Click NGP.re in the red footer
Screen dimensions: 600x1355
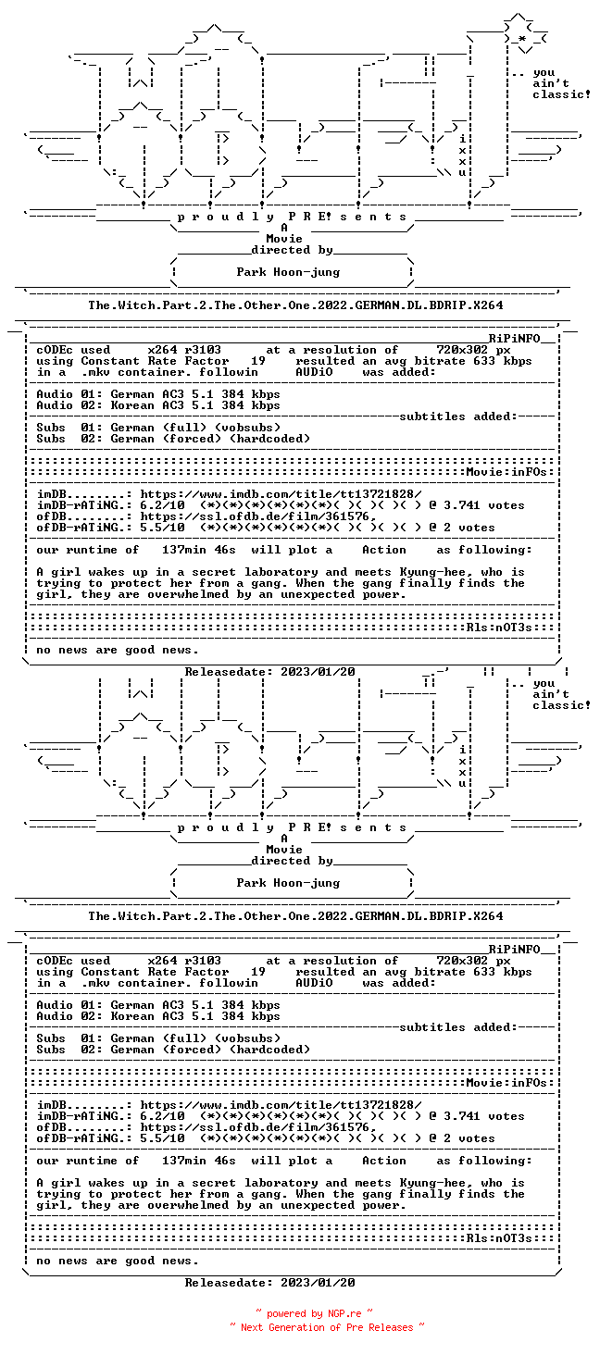[344, 1313]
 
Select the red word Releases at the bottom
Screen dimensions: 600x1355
[391, 1327]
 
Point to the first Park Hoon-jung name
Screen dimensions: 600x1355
[288, 272]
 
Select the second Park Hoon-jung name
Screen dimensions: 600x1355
[288, 883]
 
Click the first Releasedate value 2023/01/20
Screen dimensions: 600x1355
[318, 672]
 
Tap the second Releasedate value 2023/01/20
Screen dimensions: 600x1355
[318, 1283]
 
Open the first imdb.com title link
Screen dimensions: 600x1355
[281, 494]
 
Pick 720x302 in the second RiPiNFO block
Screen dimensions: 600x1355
[462, 962]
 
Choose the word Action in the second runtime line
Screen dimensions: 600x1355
[384, 1162]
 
